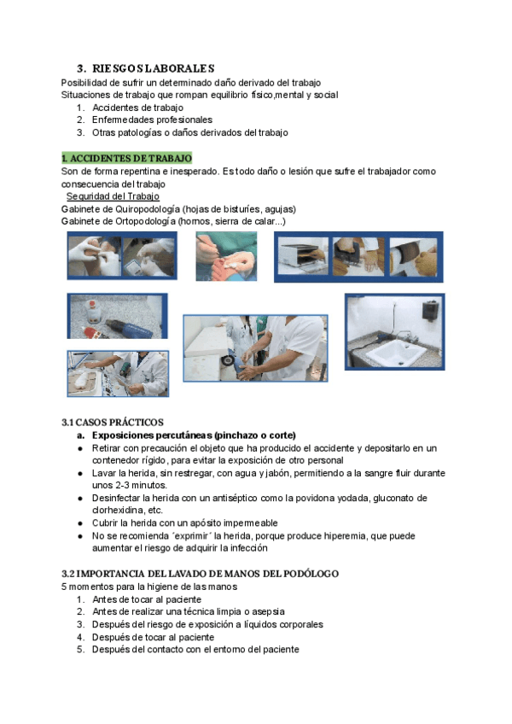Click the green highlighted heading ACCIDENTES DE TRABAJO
[126, 158]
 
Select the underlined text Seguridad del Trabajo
[113, 196]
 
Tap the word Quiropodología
[149, 209]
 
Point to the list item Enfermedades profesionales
[152, 120]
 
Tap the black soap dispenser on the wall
[431, 309]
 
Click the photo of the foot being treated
[225, 255]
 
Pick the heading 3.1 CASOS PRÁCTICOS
[113, 423]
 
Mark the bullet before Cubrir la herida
[79, 523]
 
